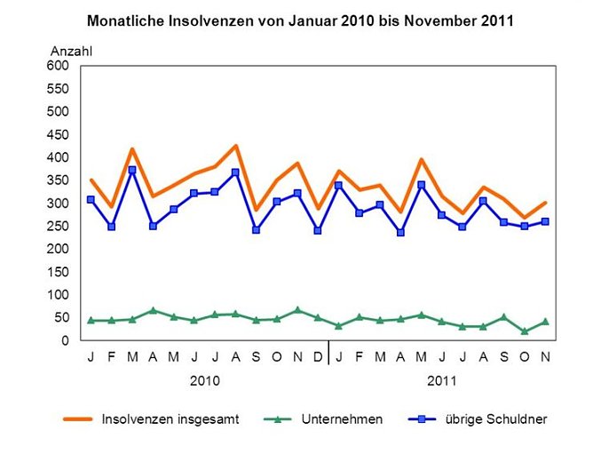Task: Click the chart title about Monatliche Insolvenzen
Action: [x=300, y=19]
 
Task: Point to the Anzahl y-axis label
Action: [x=71, y=51]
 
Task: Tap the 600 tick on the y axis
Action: [x=58, y=66]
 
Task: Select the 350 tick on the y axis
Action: [x=58, y=180]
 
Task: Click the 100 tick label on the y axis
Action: [x=58, y=295]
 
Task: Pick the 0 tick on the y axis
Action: [x=65, y=340]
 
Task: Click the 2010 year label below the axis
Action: [x=204, y=380]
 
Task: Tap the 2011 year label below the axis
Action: [x=442, y=380]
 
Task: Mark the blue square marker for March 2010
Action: [x=132, y=170]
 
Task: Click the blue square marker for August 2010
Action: [x=235, y=172]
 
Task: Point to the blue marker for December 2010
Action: [x=318, y=230]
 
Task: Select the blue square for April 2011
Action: [x=400, y=233]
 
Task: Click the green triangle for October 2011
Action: [x=525, y=331]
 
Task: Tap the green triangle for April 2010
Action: [x=153, y=310]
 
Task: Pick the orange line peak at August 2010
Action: [x=235, y=146]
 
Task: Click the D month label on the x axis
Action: [x=318, y=357]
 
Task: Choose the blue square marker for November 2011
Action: [x=545, y=221]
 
